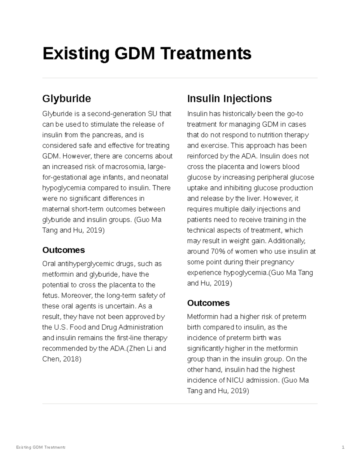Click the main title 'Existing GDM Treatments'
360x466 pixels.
point(147,53)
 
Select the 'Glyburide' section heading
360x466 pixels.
point(67,98)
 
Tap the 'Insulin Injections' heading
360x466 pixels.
point(229,98)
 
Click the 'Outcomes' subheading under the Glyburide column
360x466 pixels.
point(64,250)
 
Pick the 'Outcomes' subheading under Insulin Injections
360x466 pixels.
point(208,303)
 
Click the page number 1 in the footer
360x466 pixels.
point(343,447)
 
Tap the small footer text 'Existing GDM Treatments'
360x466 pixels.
point(40,447)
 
